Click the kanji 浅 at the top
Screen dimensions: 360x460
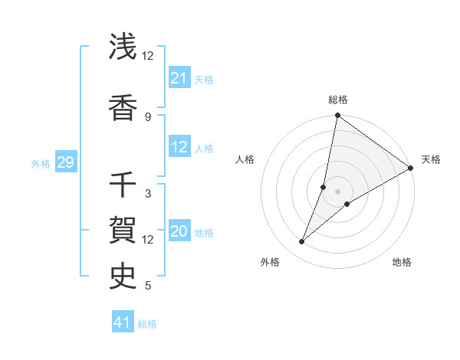click(x=123, y=47)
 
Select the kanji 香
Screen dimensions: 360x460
click(x=123, y=108)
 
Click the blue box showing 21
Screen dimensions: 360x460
click(x=179, y=77)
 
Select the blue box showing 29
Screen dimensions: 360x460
click(x=65, y=162)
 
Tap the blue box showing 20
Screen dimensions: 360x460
click(x=179, y=232)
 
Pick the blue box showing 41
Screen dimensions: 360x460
click(x=123, y=322)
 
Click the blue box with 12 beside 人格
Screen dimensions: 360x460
click(x=179, y=148)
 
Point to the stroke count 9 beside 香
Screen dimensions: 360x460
click(x=148, y=117)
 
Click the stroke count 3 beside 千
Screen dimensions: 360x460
click(x=148, y=194)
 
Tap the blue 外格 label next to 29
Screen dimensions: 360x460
click(x=41, y=163)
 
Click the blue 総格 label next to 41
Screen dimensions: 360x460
click(x=147, y=324)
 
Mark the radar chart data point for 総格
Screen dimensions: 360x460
click(x=337, y=116)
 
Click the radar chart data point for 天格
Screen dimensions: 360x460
click(x=411, y=168)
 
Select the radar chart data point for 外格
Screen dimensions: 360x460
click(x=301, y=242)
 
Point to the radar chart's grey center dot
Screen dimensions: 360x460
click(x=337, y=191)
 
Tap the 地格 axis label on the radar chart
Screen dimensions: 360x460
click(x=402, y=262)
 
